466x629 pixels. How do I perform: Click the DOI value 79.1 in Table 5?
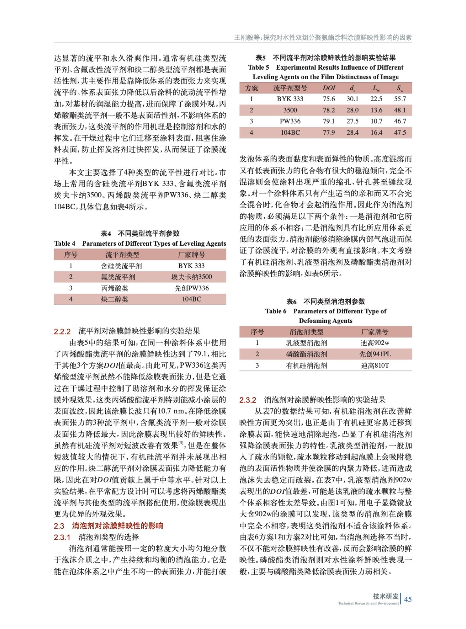point(329,121)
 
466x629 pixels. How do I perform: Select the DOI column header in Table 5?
point(329,88)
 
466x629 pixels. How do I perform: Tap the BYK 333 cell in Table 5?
point(290,99)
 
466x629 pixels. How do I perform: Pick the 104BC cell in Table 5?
point(290,133)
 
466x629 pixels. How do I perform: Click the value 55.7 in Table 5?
point(400,99)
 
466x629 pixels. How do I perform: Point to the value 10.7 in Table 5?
point(376,121)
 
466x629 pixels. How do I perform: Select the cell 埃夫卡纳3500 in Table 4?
point(191,277)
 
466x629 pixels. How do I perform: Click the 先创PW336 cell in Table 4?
point(191,288)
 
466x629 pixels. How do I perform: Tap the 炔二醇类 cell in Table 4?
point(115,300)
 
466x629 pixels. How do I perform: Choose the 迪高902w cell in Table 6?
point(375,343)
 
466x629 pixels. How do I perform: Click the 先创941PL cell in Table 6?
point(375,354)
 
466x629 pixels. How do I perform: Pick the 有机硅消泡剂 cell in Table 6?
point(306,366)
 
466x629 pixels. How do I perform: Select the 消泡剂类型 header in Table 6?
point(306,332)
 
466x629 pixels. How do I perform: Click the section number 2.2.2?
point(62,331)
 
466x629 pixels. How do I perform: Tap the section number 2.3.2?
point(248,400)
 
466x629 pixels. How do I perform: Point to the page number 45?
point(408,599)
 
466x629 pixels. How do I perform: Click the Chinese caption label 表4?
point(106,234)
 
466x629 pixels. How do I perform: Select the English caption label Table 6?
point(276,311)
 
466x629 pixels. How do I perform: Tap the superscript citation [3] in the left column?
point(181,443)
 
